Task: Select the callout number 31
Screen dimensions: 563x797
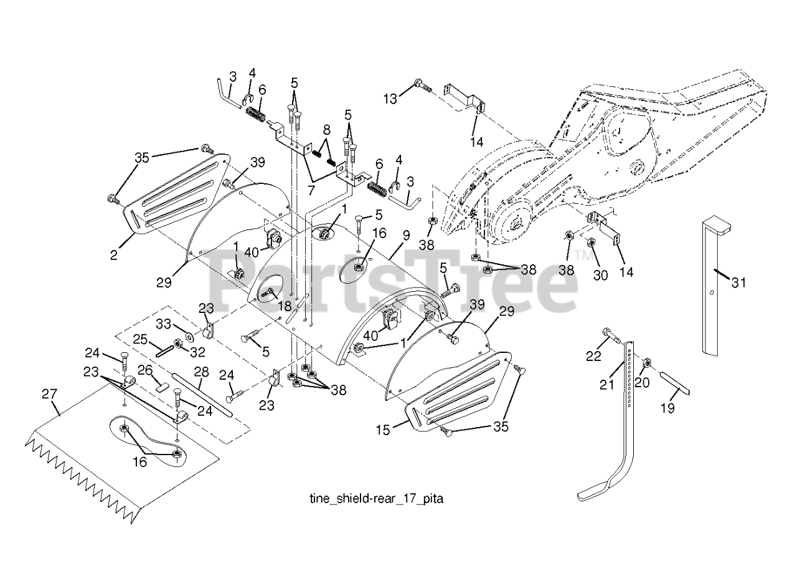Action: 738,282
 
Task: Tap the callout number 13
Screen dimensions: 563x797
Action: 390,98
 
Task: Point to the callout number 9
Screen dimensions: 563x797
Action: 406,236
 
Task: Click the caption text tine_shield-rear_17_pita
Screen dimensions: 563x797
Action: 376,499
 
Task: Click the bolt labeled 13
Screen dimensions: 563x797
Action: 423,85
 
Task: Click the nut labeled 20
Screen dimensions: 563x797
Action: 648,363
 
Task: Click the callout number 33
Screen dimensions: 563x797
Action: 163,324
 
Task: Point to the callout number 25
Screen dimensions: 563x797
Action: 140,339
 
